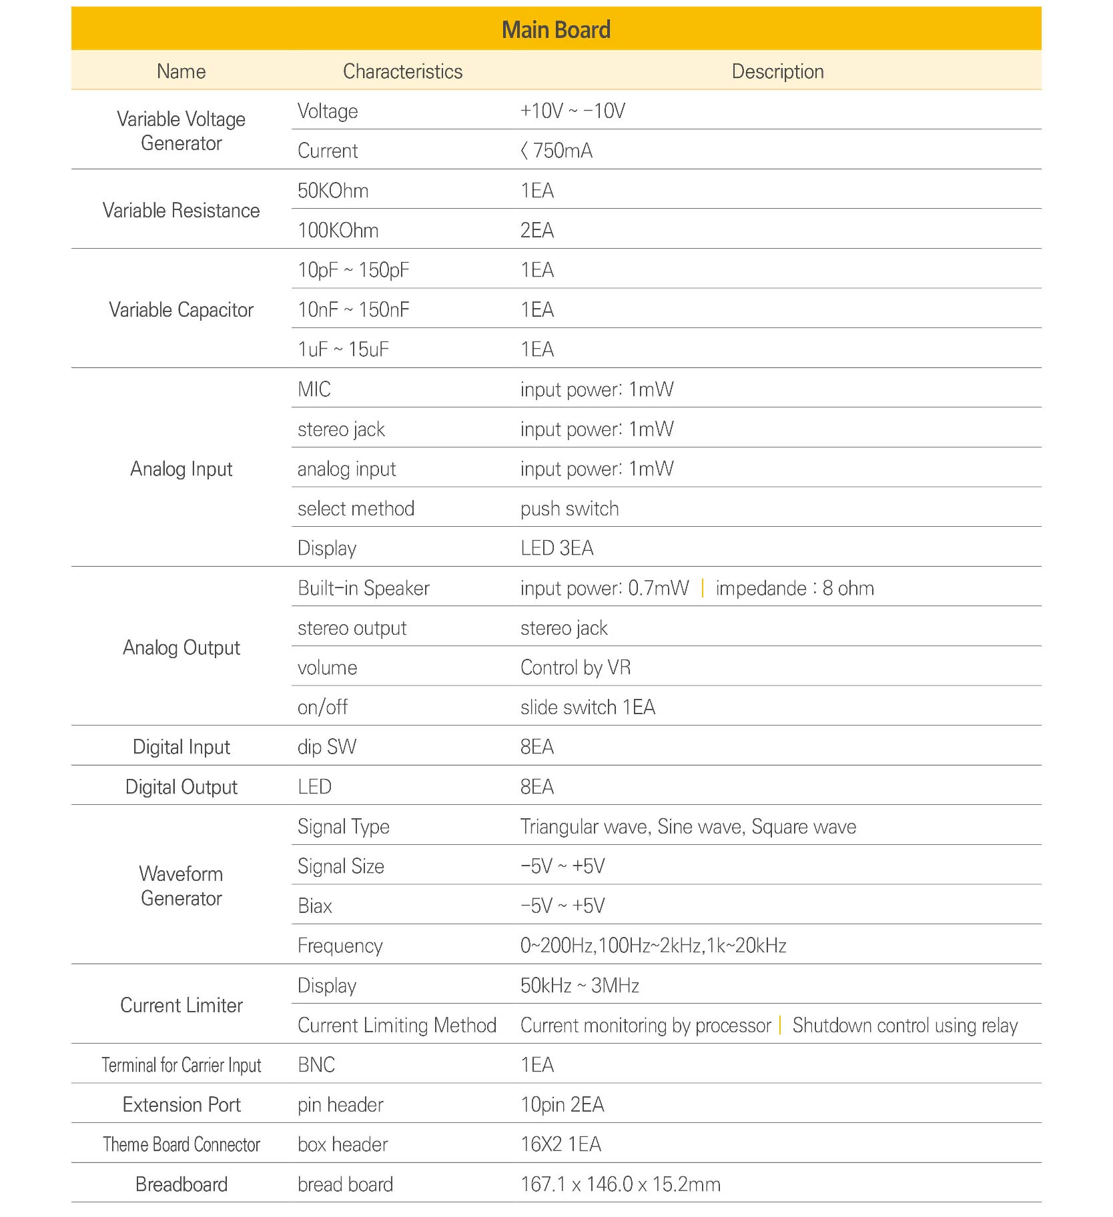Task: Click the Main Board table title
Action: [x=556, y=30]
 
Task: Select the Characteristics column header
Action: [x=402, y=71]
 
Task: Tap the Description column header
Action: [x=777, y=71]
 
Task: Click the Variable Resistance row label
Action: [x=181, y=210]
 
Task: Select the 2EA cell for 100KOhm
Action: [x=537, y=230]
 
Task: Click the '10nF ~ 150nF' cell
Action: [x=353, y=309]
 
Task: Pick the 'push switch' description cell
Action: [x=569, y=509]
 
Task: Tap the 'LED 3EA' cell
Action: [x=556, y=548]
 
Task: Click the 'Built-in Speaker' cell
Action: [x=363, y=588]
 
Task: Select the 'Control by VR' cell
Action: [x=575, y=668]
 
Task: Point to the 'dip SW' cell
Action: [x=326, y=747]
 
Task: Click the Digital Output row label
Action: [x=181, y=787]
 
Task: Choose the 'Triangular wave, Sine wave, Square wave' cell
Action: [x=688, y=827]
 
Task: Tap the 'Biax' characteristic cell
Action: [x=315, y=906]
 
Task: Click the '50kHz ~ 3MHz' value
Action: [x=579, y=986]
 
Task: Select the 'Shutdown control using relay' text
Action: [x=905, y=1026]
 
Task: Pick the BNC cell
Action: [x=316, y=1065]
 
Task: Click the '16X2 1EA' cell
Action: [x=561, y=1144]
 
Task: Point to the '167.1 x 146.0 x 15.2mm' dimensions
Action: [x=620, y=1184]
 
